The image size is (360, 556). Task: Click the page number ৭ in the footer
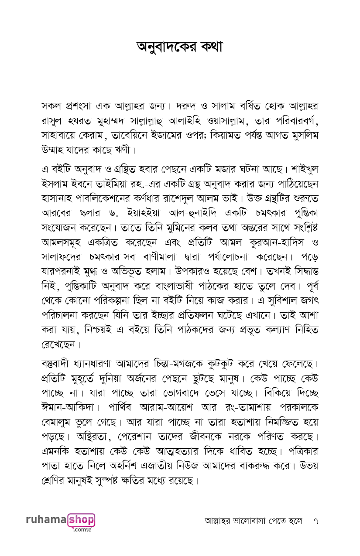[x=315, y=521]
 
